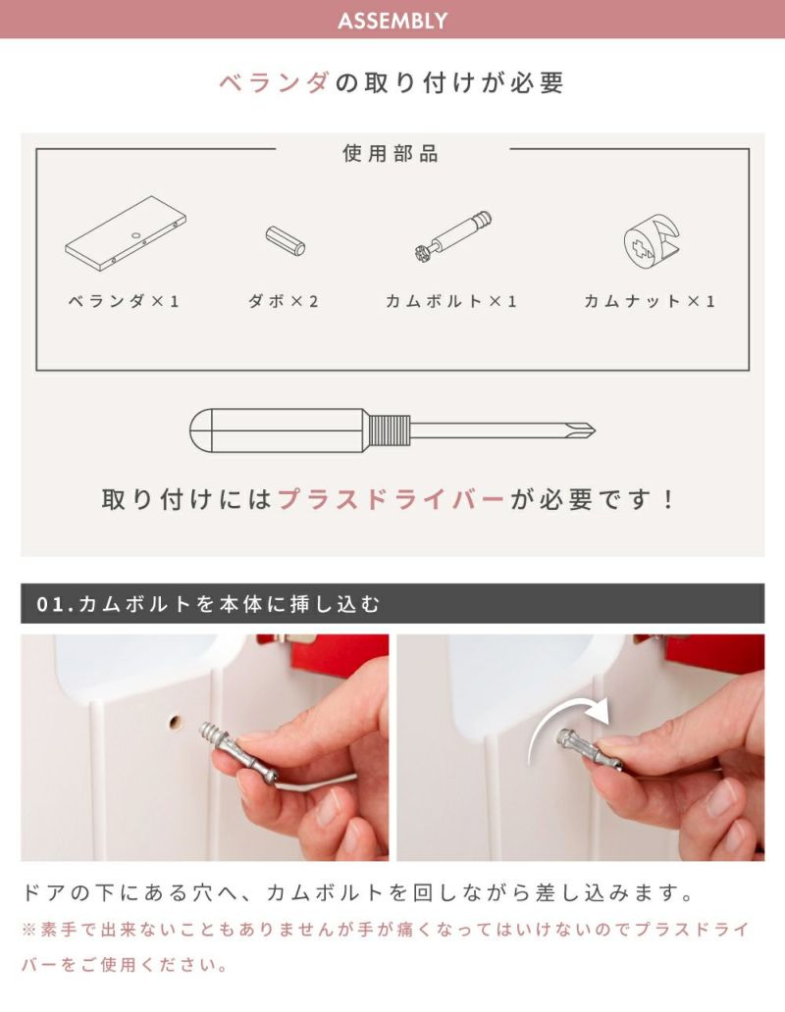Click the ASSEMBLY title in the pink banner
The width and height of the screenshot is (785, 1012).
pos(392,21)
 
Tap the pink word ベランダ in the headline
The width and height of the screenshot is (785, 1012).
pos(275,83)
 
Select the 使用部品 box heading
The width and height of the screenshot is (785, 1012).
pos(392,154)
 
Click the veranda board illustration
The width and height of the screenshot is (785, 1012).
pos(126,232)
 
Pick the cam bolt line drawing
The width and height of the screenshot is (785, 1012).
pos(452,235)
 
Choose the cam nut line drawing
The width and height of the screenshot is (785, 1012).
pos(652,241)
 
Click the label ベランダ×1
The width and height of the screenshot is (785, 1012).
pos(124,301)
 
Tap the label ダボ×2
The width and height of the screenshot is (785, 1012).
pos(284,301)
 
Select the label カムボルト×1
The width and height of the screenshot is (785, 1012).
pos(451,301)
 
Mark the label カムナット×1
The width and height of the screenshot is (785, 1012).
pos(650,301)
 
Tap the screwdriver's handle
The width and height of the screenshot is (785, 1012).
pos(279,430)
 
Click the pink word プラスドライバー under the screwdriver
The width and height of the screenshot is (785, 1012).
pos(392,499)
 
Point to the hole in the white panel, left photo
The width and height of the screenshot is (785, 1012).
pos(174,721)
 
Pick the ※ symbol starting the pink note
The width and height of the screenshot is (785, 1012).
pos(28,930)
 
